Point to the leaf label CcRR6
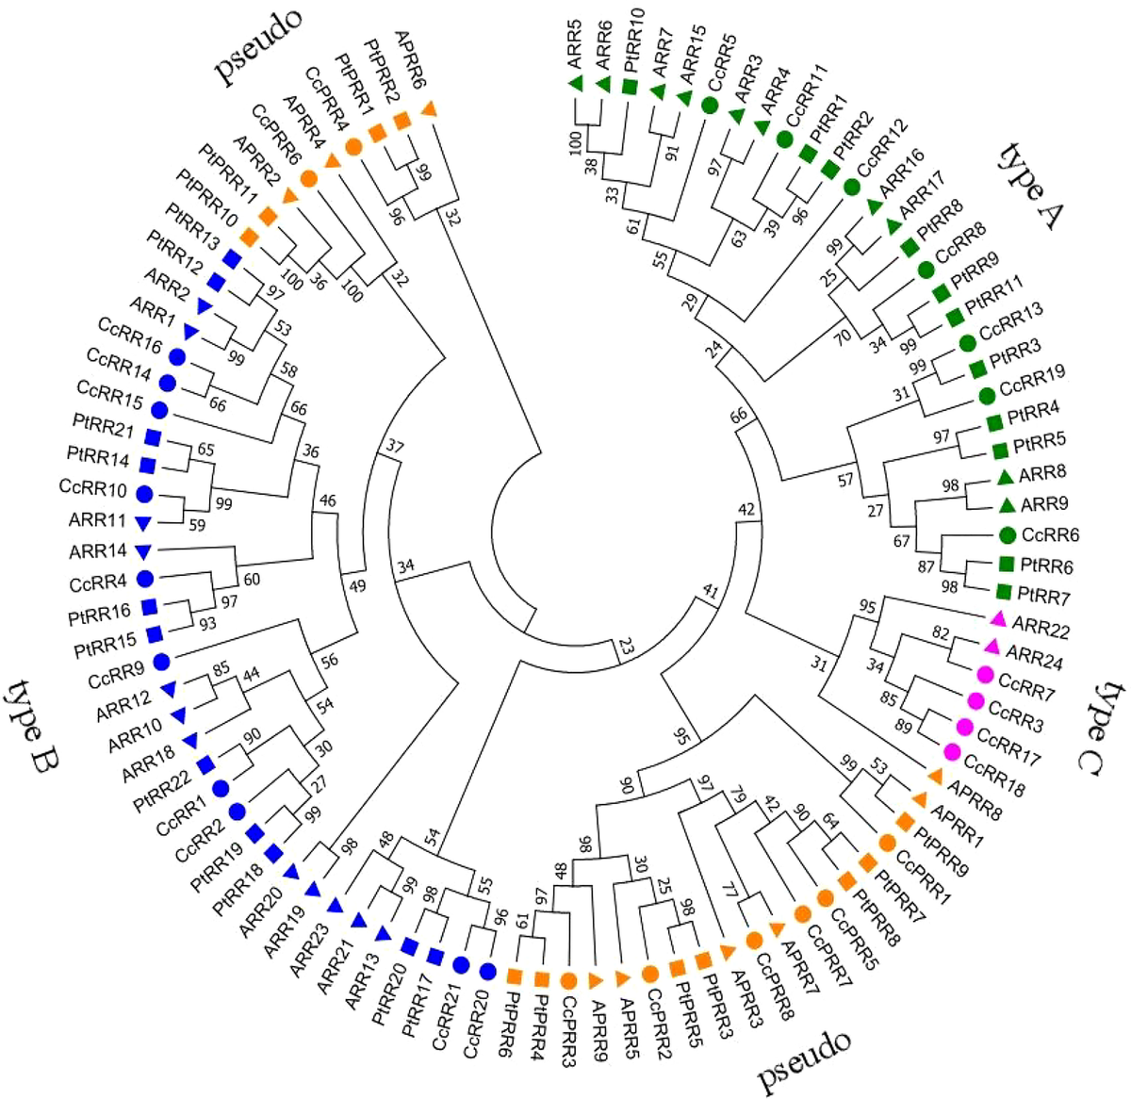(x=1050, y=535)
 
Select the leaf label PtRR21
(x=103, y=429)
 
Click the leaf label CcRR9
(x=116, y=675)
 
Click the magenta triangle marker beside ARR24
(x=991, y=647)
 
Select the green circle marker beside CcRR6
(x=1006, y=534)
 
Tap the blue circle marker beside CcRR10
(x=144, y=493)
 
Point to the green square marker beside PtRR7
(x=1004, y=593)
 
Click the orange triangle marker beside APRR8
(x=935, y=776)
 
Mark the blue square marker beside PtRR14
(x=147, y=465)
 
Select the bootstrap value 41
(x=709, y=592)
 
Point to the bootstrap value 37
(x=395, y=445)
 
